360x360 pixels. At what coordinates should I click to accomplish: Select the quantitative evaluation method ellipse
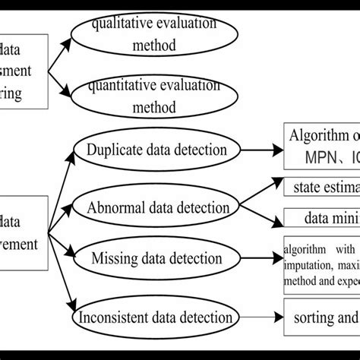144,97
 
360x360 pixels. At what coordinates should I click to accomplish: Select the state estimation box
324,185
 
